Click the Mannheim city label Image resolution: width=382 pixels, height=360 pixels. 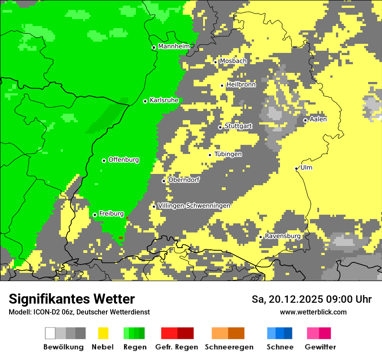pos(174,46)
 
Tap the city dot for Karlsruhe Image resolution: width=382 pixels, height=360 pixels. pos(145,101)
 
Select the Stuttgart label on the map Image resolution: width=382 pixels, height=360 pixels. pos(238,126)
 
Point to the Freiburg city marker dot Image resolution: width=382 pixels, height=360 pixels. pos(95,215)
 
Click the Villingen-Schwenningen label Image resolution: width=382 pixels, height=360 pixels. pos(194,206)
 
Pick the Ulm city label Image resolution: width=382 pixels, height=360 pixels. pos(306,168)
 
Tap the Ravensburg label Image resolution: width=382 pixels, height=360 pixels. pos(283,236)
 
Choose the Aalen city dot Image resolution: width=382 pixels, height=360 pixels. pos(306,120)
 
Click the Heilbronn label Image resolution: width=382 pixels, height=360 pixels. pos(241,85)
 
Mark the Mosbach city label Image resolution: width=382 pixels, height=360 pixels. pos(233,61)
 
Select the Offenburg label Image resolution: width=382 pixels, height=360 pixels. pos(124,160)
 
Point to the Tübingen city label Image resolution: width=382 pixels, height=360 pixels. pos(228,154)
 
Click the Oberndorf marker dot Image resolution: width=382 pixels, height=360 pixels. pos(164,181)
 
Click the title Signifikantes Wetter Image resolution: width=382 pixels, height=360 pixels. pos(72,299)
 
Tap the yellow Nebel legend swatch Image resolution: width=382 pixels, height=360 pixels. pos(103,333)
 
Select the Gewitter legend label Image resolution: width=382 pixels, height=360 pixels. pos(320,347)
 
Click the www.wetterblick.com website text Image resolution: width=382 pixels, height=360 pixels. pos(313,312)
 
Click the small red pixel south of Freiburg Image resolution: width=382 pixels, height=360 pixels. pos(121,238)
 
